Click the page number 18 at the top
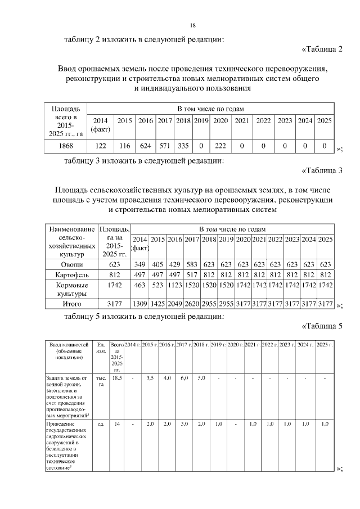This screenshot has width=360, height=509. (192, 25)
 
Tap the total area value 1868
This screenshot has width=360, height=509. (65, 146)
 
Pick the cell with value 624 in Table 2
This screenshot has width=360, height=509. (146, 146)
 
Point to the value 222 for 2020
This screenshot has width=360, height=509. (220, 146)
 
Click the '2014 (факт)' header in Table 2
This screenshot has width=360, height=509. (101, 125)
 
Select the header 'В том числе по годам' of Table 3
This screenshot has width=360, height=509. (232, 229)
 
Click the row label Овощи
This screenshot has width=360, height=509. (71, 264)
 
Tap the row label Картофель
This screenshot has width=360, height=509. (71, 276)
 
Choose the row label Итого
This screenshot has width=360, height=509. (71, 304)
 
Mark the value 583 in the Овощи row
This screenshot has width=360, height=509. (192, 264)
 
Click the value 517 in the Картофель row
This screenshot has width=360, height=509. (192, 276)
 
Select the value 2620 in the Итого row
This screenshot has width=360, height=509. (192, 304)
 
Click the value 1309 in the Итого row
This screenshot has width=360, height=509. (140, 304)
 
